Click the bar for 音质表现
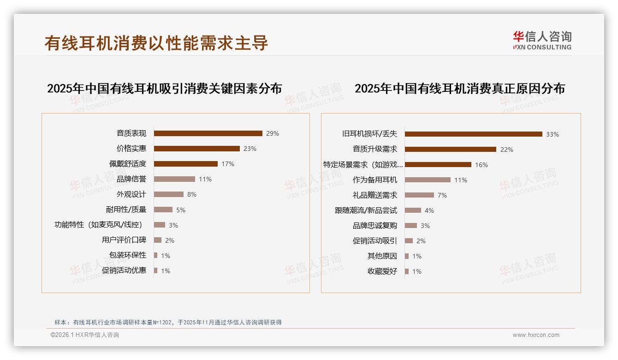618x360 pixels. (x=208, y=133)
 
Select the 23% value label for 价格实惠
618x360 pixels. (x=250, y=149)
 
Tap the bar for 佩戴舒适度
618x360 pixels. (x=185, y=164)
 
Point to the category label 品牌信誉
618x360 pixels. (x=131, y=179)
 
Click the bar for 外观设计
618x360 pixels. (x=168, y=194)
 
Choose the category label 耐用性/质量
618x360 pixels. (x=126, y=210)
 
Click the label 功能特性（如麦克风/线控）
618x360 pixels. (x=98, y=225)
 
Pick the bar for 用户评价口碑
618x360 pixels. (x=158, y=240)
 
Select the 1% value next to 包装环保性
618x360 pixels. (x=166, y=256)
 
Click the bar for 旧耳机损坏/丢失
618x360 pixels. (x=473, y=134)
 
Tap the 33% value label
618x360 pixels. (x=552, y=134)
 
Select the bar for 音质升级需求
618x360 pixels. (x=450, y=150)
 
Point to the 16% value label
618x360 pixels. (x=481, y=165)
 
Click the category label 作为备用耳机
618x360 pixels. (x=375, y=180)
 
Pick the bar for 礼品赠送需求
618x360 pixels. (x=419, y=195)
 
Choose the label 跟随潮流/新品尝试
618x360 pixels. (x=366, y=210)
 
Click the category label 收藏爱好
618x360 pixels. (x=382, y=271)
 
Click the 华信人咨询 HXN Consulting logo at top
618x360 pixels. (x=542, y=41)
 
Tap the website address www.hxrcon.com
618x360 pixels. (x=536, y=335)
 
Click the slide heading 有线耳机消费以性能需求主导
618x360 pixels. (x=156, y=43)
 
